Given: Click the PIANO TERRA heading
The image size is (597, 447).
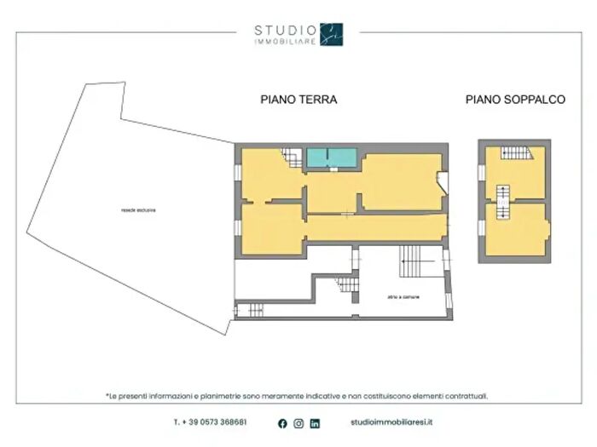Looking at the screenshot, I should pyautogui.click(x=298, y=100).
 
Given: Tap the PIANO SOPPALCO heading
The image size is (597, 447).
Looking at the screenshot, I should pyautogui.click(x=515, y=100).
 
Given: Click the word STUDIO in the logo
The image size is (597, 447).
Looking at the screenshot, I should pyautogui.click(x=285, y=31).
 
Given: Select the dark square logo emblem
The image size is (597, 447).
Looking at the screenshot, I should pyautogui.click(x=331, y=34).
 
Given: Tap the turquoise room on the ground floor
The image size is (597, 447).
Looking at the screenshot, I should pyautogui.click(x=331, y=158).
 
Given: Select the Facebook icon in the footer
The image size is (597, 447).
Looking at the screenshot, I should pyautogui.click(x=282, y=423).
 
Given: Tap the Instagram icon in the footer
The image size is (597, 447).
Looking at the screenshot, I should pyautogui.click(x=298, y=423).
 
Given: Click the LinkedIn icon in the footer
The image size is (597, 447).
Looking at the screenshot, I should pyautogui.click(x=315, y=423).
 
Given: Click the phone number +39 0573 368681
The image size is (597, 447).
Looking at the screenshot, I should pyautogui.click(x=211, y=422).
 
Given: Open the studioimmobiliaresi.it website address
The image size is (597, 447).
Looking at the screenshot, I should pyautogui.click(x=391, y=422).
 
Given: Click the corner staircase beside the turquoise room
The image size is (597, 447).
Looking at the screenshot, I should pyautogui.click(x=291, y=158).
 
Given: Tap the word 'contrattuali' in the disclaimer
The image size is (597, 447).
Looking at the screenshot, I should pyautogui.click(x=470, y=396).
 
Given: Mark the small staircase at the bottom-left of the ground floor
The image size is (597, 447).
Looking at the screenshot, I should pyautogui.click(x=253, y=310).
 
